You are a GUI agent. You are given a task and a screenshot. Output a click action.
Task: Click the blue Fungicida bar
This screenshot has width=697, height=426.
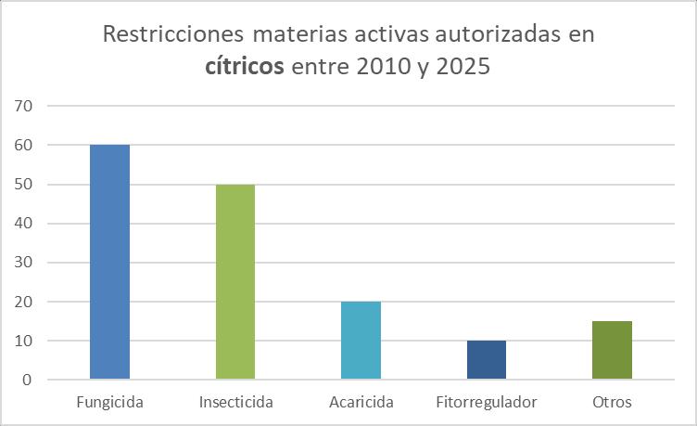(109, 262)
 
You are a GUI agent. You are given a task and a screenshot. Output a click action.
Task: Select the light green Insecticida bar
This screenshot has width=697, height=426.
(235, 281)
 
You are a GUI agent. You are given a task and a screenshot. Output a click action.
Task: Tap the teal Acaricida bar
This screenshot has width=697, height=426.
(361, 340)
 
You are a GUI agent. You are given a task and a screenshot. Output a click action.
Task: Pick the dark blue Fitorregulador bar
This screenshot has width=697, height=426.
(487, 360)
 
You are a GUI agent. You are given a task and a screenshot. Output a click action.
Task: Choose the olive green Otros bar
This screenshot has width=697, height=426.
(612, 350)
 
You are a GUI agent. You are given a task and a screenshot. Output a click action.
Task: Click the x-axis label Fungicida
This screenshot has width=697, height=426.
(109, 403)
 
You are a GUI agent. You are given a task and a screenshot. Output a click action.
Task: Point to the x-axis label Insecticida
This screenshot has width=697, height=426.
(236, 402)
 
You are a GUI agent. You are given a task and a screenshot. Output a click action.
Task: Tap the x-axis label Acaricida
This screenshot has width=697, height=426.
(361, 402)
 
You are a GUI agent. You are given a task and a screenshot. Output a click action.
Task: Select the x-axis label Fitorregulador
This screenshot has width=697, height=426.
(487, 403)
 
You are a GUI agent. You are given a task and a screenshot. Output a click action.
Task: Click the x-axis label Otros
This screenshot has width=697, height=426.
(612, 402)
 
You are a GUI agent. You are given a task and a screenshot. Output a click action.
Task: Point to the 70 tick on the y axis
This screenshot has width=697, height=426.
(23, 106)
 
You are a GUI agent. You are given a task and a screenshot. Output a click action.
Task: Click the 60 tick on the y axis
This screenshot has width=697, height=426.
(23, 145)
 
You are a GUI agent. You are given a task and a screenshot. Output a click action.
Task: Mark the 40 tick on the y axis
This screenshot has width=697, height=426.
(23, 224)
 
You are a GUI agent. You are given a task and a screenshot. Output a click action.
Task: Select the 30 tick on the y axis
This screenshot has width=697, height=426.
(23, 262)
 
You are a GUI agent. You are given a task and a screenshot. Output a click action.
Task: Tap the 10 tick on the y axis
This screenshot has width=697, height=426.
(23, 341)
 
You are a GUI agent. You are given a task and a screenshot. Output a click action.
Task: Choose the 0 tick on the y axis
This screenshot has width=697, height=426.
(28, 380)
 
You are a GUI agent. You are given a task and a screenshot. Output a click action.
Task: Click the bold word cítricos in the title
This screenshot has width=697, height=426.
(245, 66)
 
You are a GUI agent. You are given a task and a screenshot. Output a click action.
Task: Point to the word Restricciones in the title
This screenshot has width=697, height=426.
(173, 34)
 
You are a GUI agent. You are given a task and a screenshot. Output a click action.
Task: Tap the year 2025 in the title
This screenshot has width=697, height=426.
(463, 67)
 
